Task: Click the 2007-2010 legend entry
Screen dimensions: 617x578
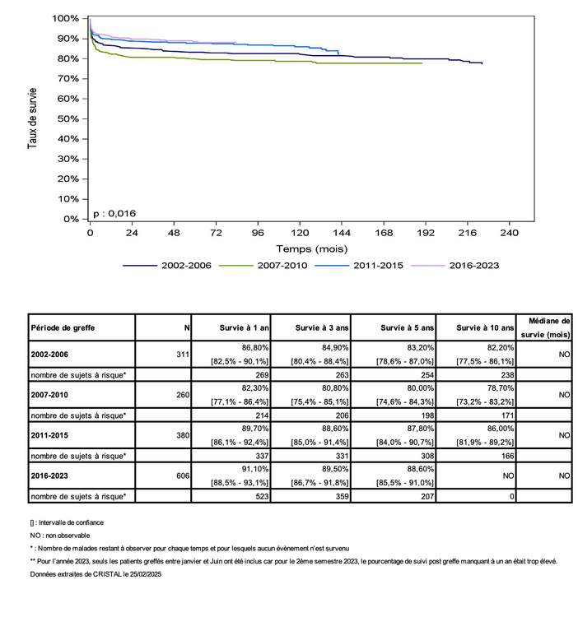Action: [x=262, y=265]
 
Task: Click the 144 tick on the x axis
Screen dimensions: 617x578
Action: [x=342, y=234]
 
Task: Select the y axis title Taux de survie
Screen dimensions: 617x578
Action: [x=33, y=118]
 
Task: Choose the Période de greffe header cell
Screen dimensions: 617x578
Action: [x=63, y=327]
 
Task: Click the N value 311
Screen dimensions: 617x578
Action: [x=181, y=355]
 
